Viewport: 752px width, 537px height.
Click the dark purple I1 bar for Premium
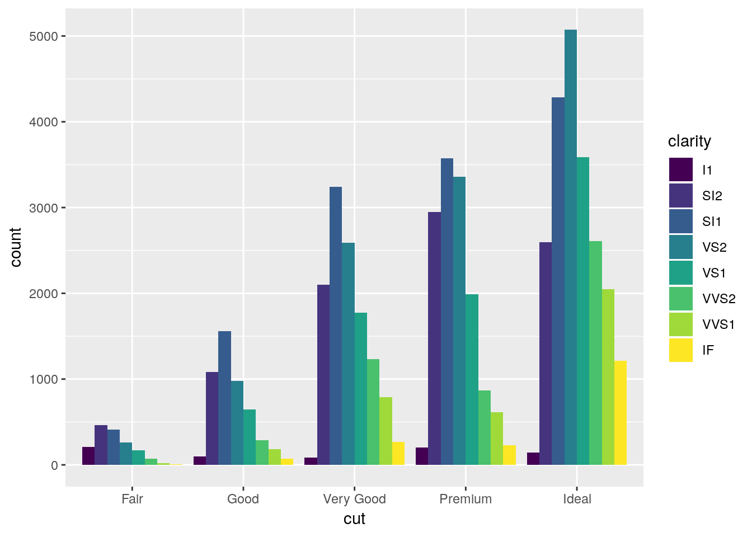[422, 456]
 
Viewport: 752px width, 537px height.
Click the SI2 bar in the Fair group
[101, 445]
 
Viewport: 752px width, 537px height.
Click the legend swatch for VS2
[680, 247]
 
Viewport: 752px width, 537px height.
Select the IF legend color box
[680, 350]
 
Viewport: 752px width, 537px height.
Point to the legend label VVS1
[718, 324]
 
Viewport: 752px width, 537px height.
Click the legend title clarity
[689, 142]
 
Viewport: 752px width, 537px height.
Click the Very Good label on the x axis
[354, 499]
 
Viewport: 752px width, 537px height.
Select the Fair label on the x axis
[132, 499]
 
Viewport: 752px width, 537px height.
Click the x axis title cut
[354, 519]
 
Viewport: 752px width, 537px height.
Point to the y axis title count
[16, 247]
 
